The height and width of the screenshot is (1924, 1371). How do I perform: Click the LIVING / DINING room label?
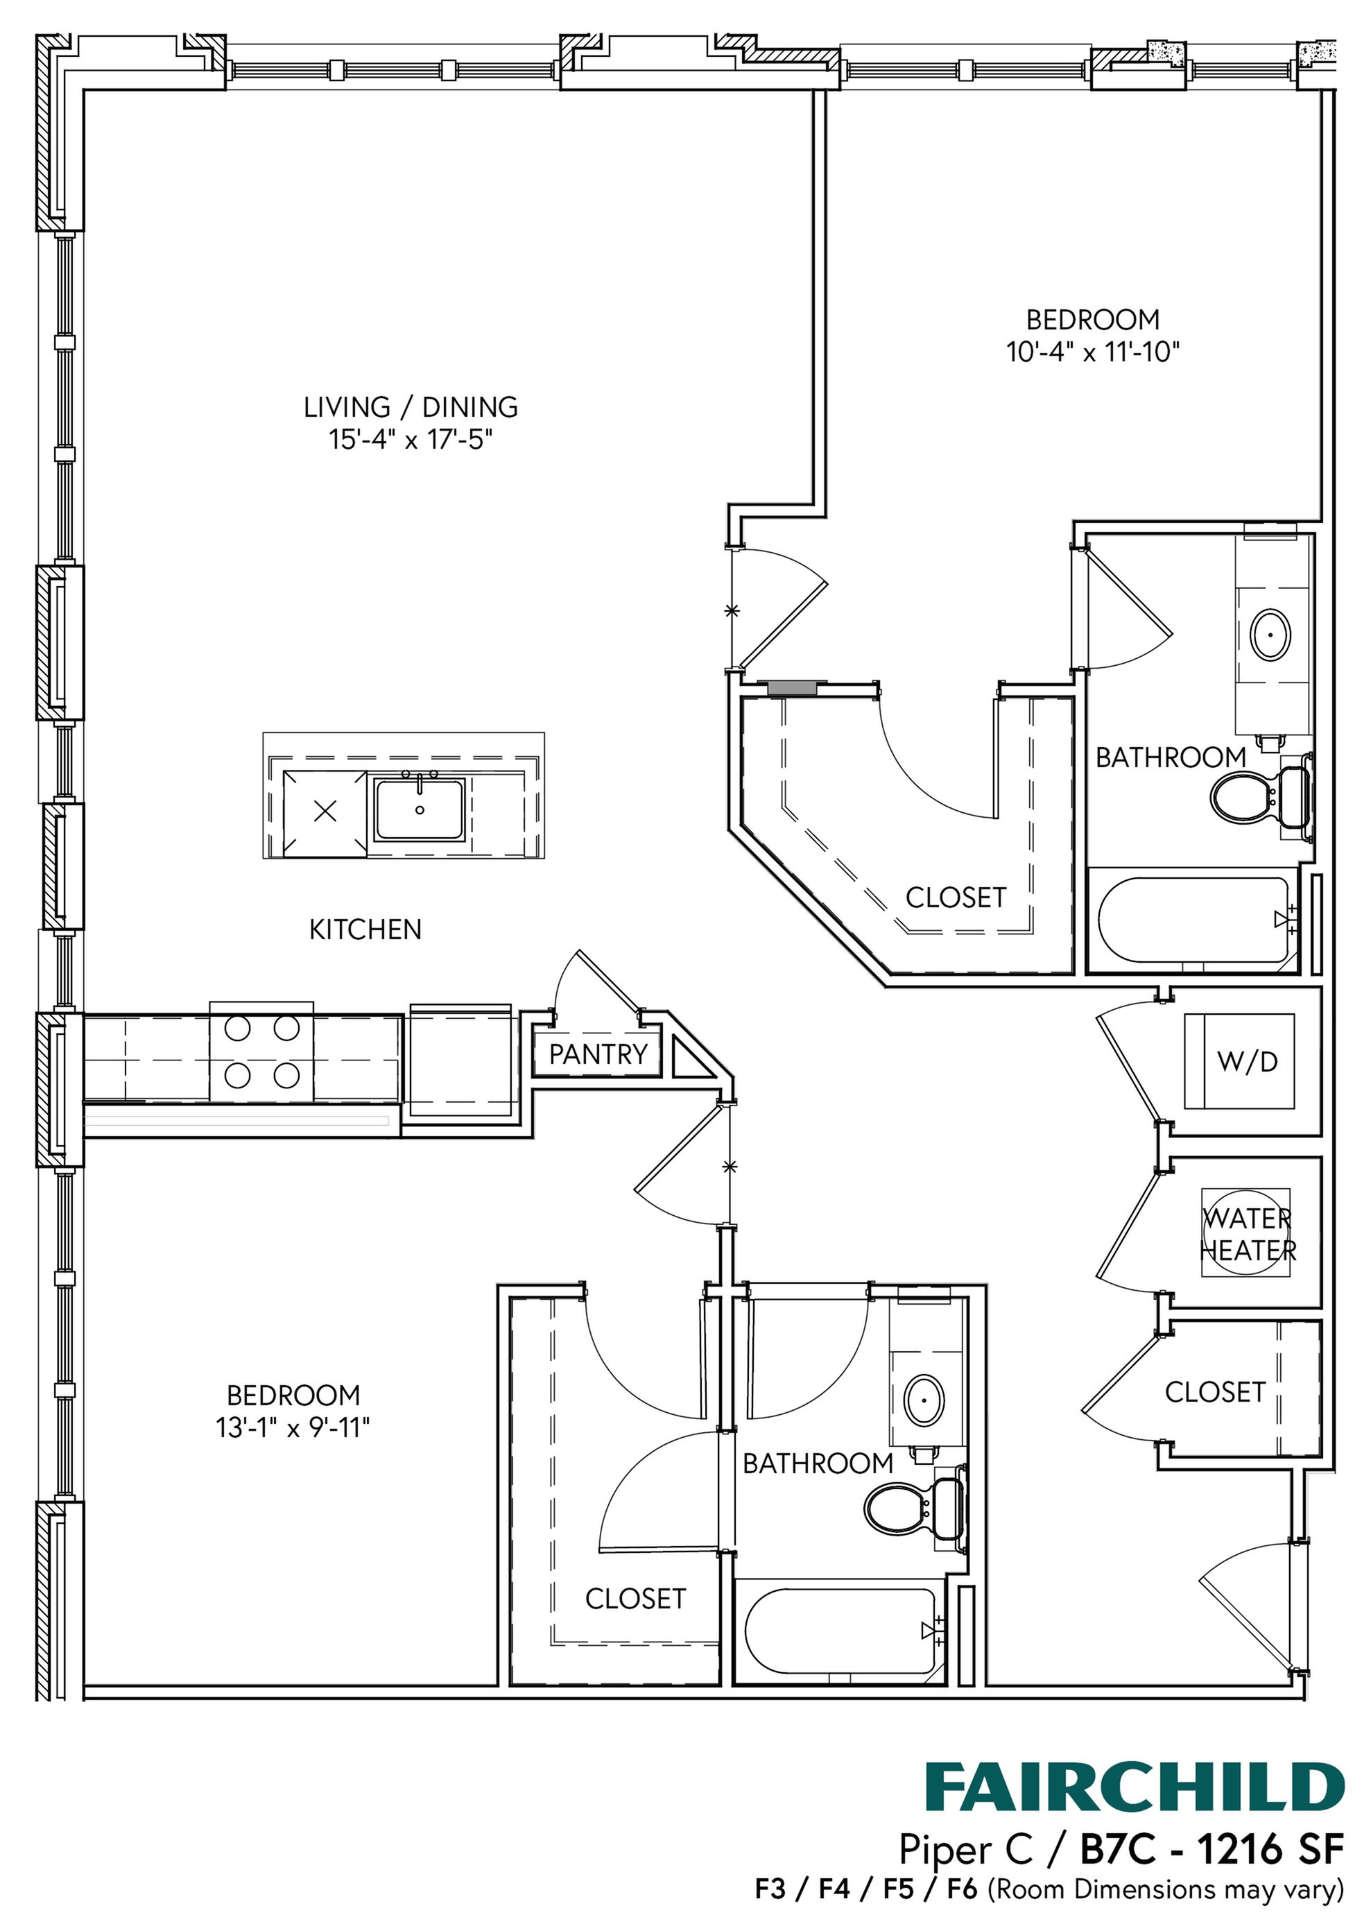(411, 407)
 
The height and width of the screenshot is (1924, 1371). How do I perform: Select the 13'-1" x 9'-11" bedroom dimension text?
(293, 1427)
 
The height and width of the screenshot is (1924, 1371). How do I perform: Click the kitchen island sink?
(420, 809)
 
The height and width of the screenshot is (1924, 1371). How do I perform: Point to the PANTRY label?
(598, 1054)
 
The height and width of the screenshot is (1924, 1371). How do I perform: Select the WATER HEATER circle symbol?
(1246, 1233)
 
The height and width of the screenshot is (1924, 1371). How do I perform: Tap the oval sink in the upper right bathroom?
(1270, 635)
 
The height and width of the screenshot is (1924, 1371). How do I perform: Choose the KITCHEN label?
(365, 929)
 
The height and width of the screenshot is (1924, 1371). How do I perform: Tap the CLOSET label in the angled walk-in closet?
(956, 897)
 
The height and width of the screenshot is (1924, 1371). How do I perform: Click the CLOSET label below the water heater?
(1215, 1392)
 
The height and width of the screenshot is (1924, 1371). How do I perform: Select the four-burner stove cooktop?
(261, 1052)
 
